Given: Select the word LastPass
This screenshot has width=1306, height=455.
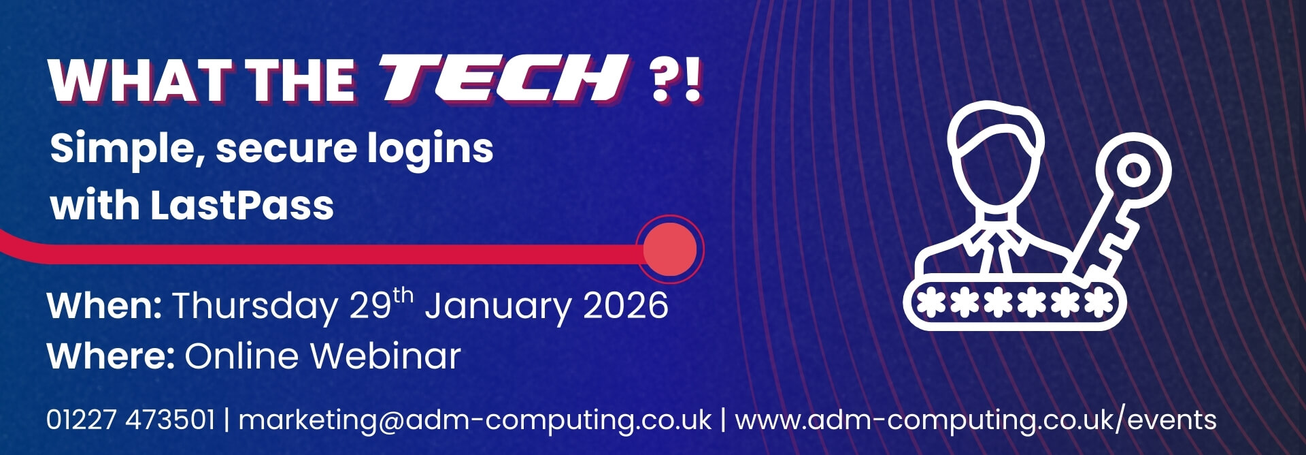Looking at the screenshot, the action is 241,205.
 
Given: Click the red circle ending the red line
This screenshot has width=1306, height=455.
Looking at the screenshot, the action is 670,249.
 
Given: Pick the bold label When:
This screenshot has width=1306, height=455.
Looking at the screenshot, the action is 104,305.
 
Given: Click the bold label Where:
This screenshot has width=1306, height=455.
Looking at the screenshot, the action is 111,356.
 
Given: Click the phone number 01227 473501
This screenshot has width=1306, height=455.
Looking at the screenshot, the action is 131,420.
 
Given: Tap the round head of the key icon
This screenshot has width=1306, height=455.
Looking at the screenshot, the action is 1133,170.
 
